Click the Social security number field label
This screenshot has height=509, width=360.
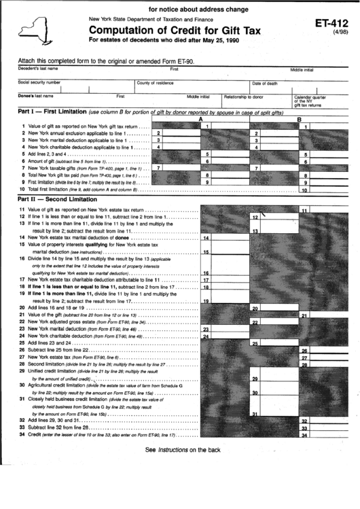(39, 82)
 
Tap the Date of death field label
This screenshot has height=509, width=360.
(265, 83)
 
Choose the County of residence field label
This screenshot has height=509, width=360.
(156, 82)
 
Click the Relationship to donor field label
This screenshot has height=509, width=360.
(243, 96)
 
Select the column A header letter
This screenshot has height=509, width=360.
(200, 119)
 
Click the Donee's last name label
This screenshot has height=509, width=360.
(35, 96)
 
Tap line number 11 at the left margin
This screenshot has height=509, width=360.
(22, 210)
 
